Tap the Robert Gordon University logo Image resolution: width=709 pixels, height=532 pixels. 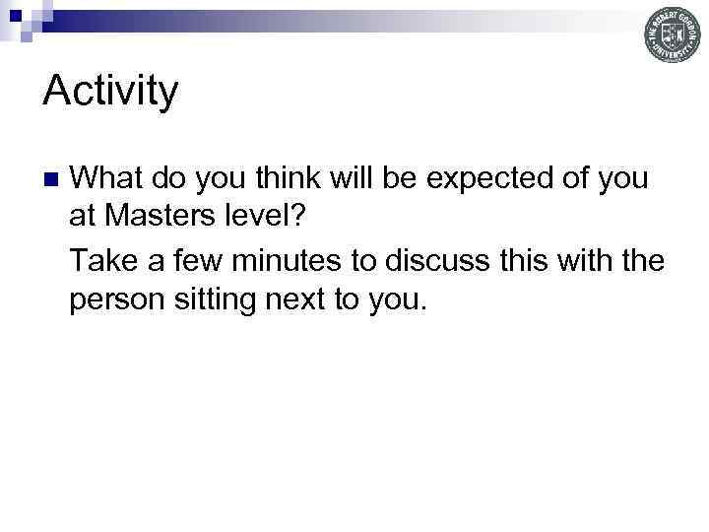673,35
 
